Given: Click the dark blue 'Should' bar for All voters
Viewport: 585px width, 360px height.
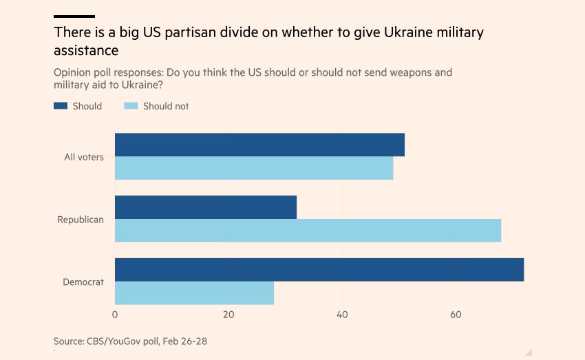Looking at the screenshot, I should pyautogui.click(x=259, y=145).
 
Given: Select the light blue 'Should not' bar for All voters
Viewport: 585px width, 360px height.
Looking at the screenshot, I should pyautogui.click(x=254, y=168).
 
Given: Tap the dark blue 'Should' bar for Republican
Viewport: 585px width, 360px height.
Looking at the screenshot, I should pyautogui.click(x=206, y=207).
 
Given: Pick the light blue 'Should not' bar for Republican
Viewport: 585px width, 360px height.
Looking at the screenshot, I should pyautogui.click(x=308, y=231).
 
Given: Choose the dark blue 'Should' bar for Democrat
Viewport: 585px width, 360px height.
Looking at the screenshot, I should pyautogui.click(x=319, y=270).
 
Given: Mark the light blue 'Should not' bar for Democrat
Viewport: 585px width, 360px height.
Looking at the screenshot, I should pyautogui.click(x=194, y=293).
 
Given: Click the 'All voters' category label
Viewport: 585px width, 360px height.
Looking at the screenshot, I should pyautogui.click(x=84, y=157).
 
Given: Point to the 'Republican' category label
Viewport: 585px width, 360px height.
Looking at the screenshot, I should pyautogui.click(x=81, y=220).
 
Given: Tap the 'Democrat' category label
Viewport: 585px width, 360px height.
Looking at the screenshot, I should pyautogui.click(x=83, y=282).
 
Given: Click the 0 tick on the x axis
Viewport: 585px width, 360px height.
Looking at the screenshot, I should pyautogui.click(x=115, y=315).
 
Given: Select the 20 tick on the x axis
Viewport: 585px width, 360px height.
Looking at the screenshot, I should pyautogui.click(x=228, y=315).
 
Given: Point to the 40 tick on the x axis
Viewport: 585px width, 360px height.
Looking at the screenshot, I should pyautogui.click(x=342, y=315).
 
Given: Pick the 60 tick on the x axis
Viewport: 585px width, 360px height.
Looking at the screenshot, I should pyautogui.click(x=456, y=315).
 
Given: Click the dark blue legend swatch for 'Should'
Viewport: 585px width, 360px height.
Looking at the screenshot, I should pyautogui.click(x=61, y=106).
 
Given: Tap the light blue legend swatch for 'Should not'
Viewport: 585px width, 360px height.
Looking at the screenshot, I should pyautogui.click(x=131, y=106).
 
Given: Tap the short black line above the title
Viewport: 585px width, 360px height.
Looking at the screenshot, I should pyautogui.click(x=74, y=16).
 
